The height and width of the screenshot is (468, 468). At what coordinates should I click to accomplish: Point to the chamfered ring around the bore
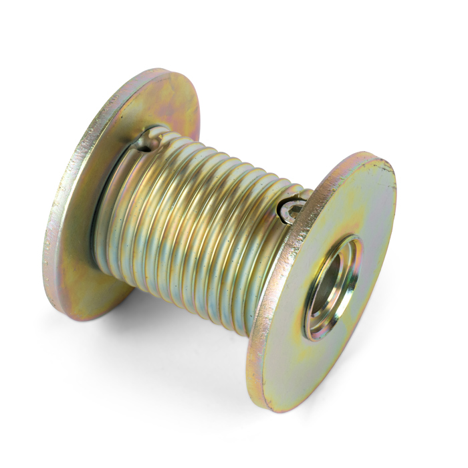(x=314, y=314)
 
